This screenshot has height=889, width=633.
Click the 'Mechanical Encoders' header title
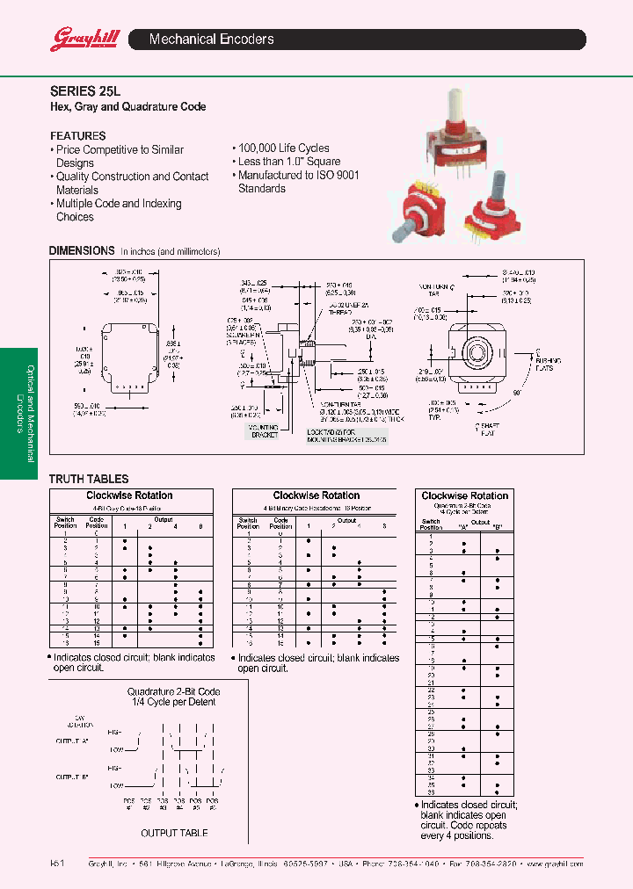click(x=212, y=40)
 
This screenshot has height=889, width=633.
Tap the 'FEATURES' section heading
click(x=78, y=136)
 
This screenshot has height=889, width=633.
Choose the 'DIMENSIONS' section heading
click(x=82, y=250)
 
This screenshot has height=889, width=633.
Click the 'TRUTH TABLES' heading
click(x=89, y=479)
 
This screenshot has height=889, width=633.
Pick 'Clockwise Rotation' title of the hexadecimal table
click(x=316, y=495)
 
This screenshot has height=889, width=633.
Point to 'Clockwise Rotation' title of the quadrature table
click(x=465, y=496)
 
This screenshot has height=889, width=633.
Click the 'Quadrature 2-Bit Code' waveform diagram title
click(x=173, y=692)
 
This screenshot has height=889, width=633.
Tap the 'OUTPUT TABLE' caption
click(x=174, y=833)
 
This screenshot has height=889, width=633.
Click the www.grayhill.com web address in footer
click(x=554, y=864)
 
